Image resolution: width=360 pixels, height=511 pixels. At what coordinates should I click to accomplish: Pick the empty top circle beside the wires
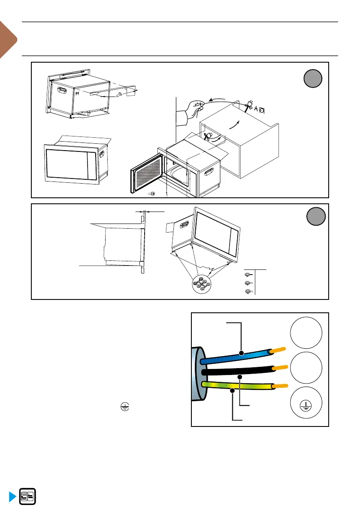(x=306, y=333)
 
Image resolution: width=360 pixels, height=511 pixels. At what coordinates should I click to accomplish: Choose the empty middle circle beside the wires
(x=306, y=369)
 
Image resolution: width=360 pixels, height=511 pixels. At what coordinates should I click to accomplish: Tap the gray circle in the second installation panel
(x=316, y=217)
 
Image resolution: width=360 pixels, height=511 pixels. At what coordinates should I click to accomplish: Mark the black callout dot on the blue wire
(x=242, y=354)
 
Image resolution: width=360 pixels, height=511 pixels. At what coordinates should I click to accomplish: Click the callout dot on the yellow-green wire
(x=232, y=390)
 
